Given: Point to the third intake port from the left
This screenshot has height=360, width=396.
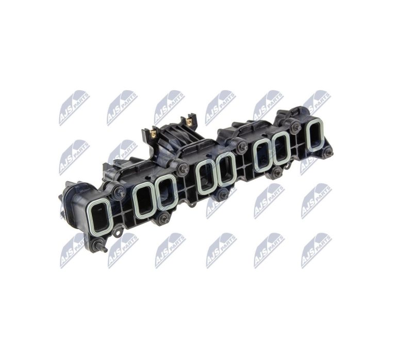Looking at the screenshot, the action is click(166, 192).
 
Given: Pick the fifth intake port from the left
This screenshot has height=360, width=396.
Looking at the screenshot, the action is click(226, 169).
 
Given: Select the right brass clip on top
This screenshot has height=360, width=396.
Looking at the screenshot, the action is click(188, 123).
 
